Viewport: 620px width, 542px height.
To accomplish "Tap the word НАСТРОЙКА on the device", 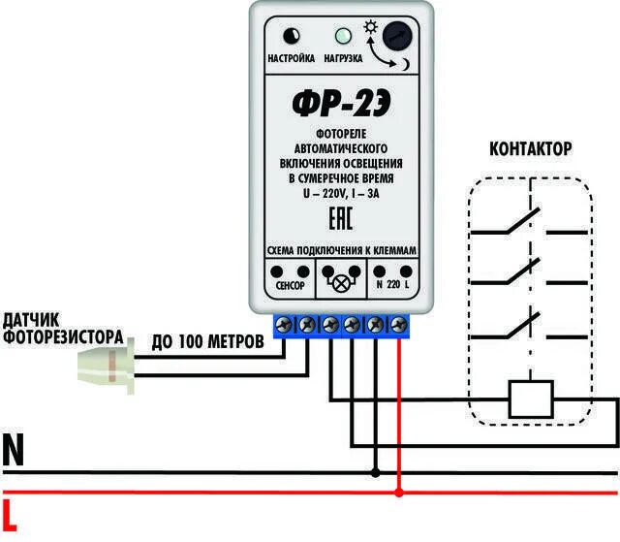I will point(291,58).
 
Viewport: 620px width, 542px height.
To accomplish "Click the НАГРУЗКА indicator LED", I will point(341,39).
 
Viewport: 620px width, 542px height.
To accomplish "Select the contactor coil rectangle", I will point(531,398).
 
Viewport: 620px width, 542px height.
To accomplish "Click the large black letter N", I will point(15,451).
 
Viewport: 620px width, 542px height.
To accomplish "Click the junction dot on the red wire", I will point(399,494).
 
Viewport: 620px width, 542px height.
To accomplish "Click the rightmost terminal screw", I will point(397,323).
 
